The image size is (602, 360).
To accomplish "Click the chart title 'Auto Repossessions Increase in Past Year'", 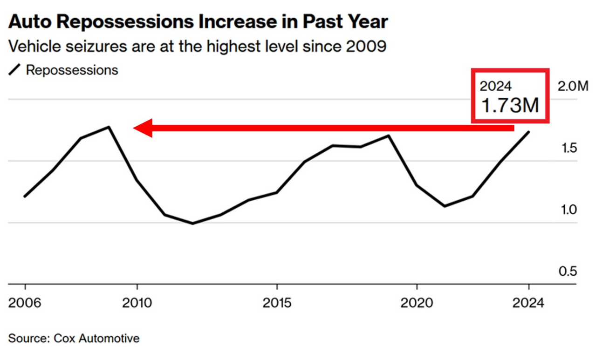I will (x=198, y=21).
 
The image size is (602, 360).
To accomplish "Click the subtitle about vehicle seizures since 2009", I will (x=198, y=46).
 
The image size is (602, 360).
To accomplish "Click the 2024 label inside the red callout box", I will (x=496, y=86).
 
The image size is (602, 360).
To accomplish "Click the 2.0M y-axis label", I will (x=573, y=86).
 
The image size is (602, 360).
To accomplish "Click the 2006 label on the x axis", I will (x=25, y=303).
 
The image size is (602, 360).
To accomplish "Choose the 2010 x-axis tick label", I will (x=137, y=303).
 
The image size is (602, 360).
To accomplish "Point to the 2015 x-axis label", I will (x=277, y=303).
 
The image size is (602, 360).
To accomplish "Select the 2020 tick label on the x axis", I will (x=417, y=303).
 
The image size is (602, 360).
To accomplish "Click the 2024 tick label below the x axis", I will (x=528, y=303).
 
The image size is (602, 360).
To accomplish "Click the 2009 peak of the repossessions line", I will (x=109, y=127).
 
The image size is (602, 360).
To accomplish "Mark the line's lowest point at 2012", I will (x=192, y=224).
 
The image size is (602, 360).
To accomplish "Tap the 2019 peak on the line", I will (x=389, y=136).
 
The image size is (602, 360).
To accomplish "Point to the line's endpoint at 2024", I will (x=528, y=132).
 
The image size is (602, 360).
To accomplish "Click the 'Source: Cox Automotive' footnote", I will (x=74, y=338).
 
